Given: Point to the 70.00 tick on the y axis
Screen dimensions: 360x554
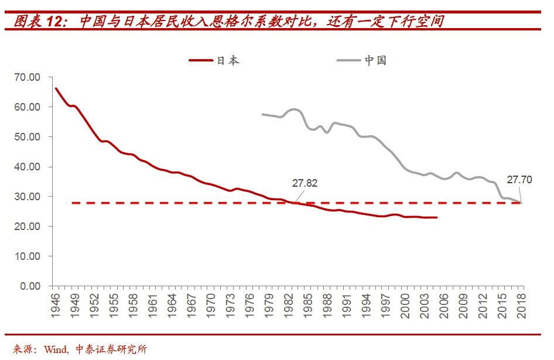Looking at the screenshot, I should pyautogui.click(x=27, y=77).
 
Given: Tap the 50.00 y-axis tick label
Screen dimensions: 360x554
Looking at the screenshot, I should pyautogui.click(x=27, y=137).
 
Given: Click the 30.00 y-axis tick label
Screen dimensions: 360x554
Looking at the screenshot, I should pyautogui.click(x=27, y=197).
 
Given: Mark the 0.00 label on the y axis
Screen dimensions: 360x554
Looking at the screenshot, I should pyautogui.click(x=29, y=286).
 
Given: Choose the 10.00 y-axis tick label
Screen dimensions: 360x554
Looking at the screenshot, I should pyautogui.click(x=27, y=256).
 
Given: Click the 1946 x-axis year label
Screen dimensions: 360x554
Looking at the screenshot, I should pyautogui.click(x=56, y=306).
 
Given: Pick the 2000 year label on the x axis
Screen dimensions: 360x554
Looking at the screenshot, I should pyautogui.click(x=406, y=306).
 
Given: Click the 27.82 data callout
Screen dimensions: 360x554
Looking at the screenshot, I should pyautogui.click(x=305, y=183).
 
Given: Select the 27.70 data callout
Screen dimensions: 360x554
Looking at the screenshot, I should pyautogui.click(x=519, y=180).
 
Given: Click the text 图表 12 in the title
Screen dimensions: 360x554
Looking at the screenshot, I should pyautogui.click(x=38, y=22).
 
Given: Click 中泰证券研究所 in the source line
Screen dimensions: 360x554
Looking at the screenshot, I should pyautogui.click(x=111, y=349).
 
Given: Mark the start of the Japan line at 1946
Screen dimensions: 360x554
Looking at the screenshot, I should pyautogui.click(x=56, y=88).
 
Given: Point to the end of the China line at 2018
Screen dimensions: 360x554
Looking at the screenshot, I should pyautogui.click(x=520, y=203).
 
